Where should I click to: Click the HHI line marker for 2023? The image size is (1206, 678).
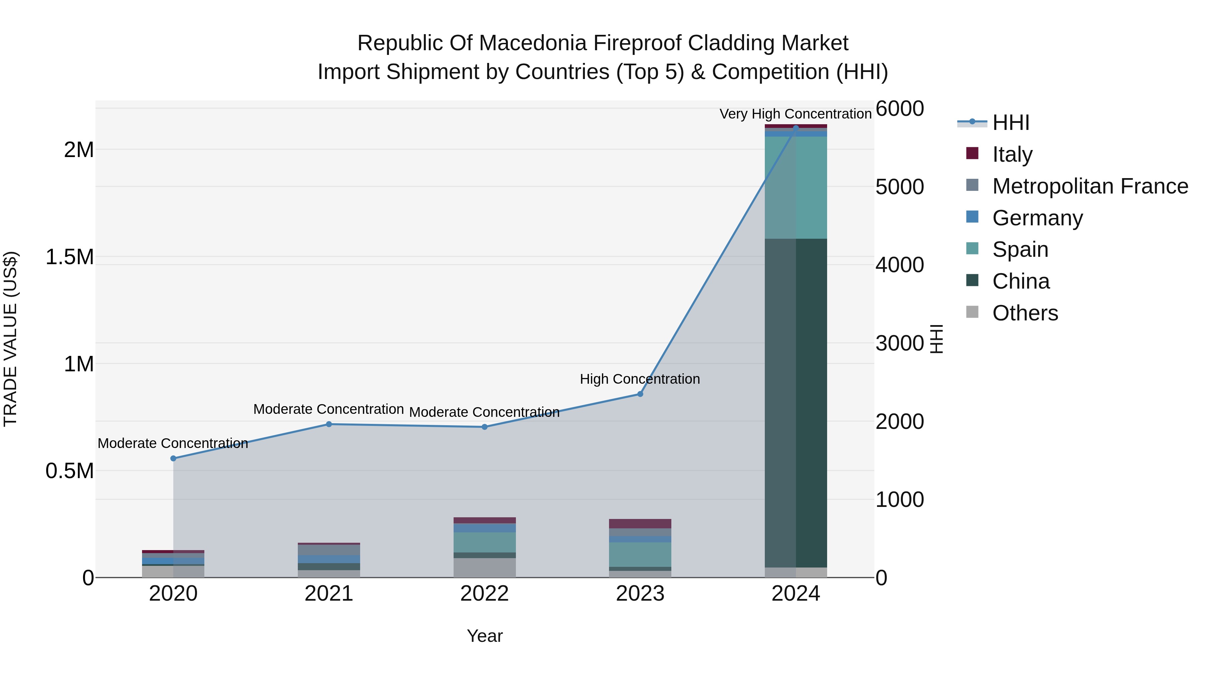(640, 394)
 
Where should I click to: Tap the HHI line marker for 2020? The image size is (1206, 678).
(173, 459)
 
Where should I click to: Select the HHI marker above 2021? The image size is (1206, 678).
(329, 425)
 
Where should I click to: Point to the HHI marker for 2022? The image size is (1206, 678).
(484, 427)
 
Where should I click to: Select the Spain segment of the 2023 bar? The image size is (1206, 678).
(640, 554)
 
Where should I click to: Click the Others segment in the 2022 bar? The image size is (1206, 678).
(484, 568)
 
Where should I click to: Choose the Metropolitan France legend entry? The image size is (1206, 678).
(1090, 186)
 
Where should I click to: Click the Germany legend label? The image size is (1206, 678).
(1037, 218)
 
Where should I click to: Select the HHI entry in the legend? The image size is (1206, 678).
(1010, 123)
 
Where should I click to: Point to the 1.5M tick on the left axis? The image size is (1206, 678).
(69, 257)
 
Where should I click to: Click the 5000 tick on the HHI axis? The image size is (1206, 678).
(899, 187)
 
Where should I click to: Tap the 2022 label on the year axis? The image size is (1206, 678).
(484, 594)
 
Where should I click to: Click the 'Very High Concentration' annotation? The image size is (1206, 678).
(795, 114)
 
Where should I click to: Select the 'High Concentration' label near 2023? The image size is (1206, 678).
(640, 379)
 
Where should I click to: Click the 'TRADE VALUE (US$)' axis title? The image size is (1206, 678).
(10, 339)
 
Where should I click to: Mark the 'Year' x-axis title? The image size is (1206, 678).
(484, 636)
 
